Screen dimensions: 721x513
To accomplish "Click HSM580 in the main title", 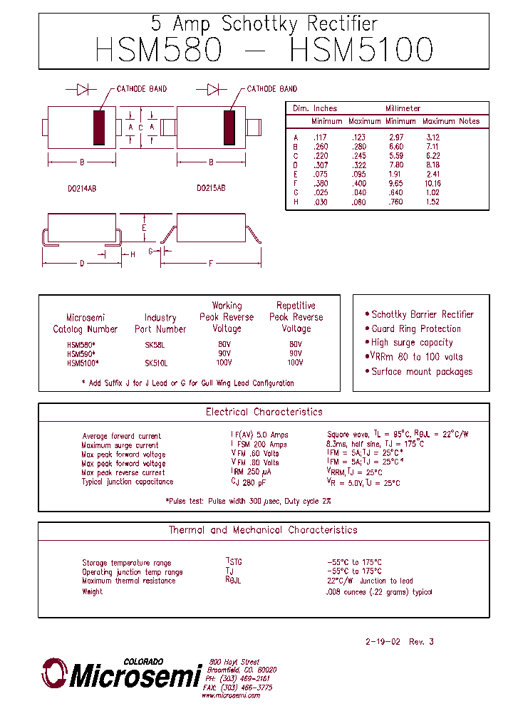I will pyautogui.click(x=159, y=51).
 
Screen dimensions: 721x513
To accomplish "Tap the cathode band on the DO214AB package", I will pyautogui.click(x=99, y=128).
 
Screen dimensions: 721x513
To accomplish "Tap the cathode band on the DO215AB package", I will pyautogui.click(x=229, y=128).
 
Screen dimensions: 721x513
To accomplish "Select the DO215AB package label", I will pyautogui.click(x=211, y=189).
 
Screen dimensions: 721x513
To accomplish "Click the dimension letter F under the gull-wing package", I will pyautogui.click(x=211, y=264).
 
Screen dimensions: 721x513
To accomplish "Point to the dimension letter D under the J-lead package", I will pyautogui.click(x=82, y=264).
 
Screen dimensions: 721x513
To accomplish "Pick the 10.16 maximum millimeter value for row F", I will pyautogui.click(x=432, y=183).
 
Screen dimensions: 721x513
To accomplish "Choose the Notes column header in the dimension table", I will pyautogui.click(x=469, y=121).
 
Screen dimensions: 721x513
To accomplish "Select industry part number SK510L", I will pyautogui.click(x=156, y=363).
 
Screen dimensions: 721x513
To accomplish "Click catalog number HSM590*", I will pyautogui.click(x=81, y=353).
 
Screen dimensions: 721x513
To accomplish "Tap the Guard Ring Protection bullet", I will pyautogui.click(x=416, y=328).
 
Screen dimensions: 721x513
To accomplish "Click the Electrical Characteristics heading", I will pyautogui.click(x=264, y=412).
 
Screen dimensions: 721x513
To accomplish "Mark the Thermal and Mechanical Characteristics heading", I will pyautogui.click(x=263, y=530).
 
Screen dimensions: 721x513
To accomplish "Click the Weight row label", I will pyautogui.click(x=92, y=591).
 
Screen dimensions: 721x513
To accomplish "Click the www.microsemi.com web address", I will pyautogui.click(x=230, y=695).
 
